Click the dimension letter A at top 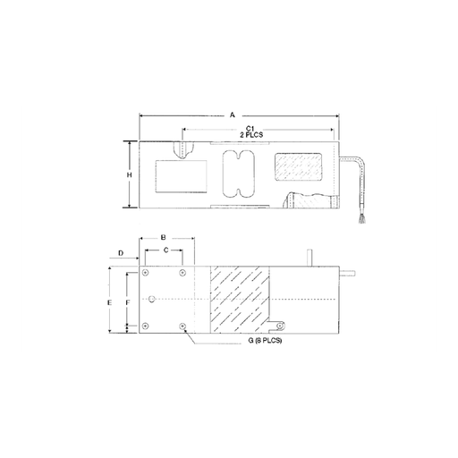coord(233,114)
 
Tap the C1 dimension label coord(251,129)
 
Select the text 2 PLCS coord(251,135)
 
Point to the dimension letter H coord(129,175)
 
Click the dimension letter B coord(164,238)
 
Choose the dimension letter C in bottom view coord(166,250)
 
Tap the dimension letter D coord(121,253)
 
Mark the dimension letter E coord(110,302)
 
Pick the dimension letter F coord(128,303)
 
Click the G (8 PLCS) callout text coord(265,340)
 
